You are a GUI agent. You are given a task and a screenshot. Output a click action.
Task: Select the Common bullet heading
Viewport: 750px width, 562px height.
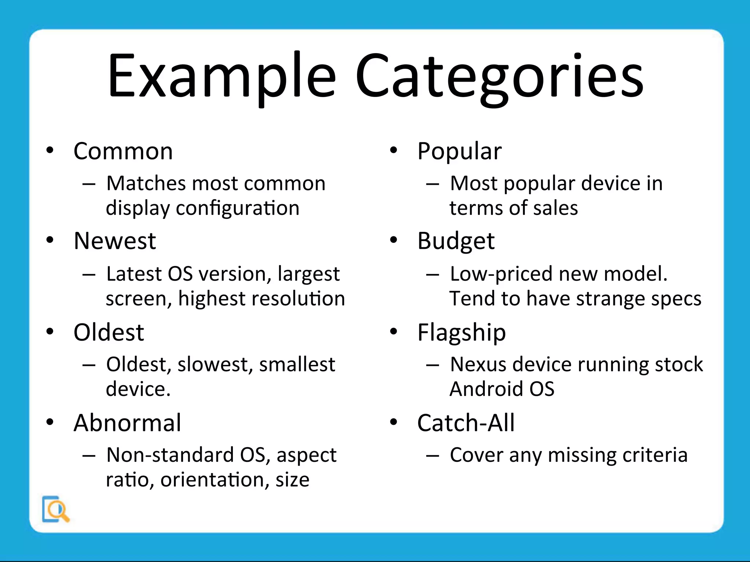[123, 151]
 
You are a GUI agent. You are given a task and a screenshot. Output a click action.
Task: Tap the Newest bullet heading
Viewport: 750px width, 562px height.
[115, 241]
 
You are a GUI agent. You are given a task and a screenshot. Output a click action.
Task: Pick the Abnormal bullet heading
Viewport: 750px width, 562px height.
[127, 423]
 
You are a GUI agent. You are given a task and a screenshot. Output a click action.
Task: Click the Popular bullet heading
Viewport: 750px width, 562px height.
[459, 151]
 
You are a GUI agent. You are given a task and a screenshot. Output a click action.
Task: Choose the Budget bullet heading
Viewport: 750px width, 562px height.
[456, 241]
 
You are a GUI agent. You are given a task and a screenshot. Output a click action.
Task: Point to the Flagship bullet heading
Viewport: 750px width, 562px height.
[461, 332]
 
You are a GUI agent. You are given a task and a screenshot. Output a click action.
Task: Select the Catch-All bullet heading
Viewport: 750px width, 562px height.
[466, 423]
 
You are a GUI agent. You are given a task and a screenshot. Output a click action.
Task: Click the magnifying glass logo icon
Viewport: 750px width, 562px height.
[56, 509]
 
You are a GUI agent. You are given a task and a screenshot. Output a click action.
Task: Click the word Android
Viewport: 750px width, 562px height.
[484, 389]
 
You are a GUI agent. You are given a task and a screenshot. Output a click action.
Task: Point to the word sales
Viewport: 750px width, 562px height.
[555, 208]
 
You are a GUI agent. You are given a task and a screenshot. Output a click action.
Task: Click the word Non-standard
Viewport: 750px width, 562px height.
[170, 455]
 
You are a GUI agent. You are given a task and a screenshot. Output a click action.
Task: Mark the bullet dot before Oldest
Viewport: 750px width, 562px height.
[50, 331]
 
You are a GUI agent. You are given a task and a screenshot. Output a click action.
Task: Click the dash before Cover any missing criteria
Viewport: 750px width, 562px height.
[432, 456]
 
